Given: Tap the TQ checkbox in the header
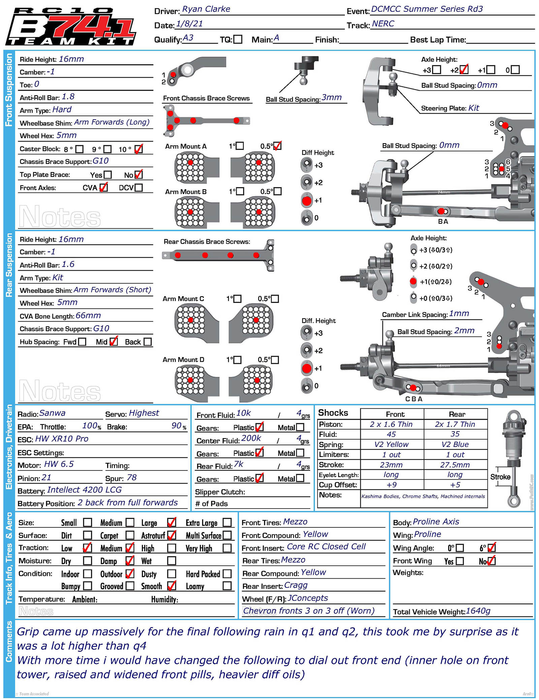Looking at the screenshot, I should click(238, 39).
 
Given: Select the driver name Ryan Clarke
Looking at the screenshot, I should click(206, 9).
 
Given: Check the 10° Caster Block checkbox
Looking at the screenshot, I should click(138, 149).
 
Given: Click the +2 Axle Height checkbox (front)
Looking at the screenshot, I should click(464, 70).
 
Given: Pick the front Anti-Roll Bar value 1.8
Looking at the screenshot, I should click(68, 97).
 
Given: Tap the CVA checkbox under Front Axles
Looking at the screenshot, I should click(103, 187).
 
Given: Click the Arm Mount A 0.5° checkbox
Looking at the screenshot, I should click(277, 146).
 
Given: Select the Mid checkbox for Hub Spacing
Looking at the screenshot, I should click(114, 342).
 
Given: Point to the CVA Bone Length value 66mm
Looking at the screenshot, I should click(88, 316).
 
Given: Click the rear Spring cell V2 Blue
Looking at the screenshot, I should click(455, 445).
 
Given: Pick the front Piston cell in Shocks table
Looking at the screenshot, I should click(391, 424).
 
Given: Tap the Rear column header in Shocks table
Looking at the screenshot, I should click(456, 414).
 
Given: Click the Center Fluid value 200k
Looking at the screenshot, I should click(251, 438).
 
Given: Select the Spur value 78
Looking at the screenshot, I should click(132, 478).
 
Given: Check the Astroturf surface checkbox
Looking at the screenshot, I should click(171, 535).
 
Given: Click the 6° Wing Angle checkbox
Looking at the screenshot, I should click(492, 548).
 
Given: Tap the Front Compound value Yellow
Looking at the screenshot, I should click(315, 535).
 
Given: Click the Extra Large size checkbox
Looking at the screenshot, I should click(227, 522).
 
